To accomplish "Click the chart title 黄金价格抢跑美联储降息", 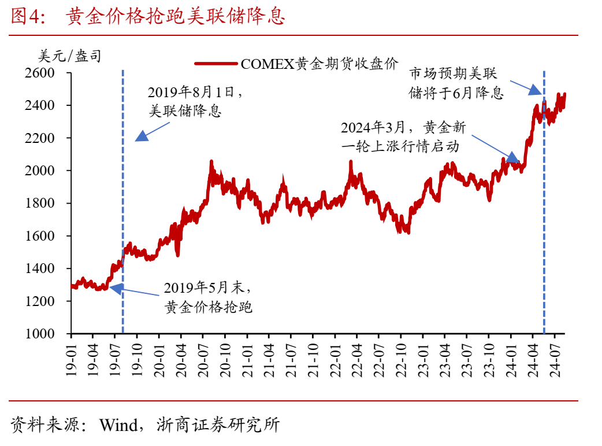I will (176, 17).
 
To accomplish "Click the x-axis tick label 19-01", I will (71, 360).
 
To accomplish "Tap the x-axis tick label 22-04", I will (356, 360).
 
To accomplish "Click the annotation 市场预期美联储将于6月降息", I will (456, 83).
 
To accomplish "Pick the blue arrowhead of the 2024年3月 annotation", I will (512, 158).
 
